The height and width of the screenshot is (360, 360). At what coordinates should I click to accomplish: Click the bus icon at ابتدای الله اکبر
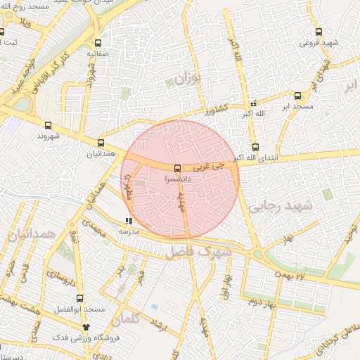tap(255, 148)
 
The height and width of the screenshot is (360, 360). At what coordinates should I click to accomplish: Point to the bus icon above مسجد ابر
tap(297, 96)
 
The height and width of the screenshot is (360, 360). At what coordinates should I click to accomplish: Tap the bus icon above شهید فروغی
tap(319, 32)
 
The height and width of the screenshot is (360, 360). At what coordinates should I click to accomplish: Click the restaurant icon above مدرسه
tap(128, 221)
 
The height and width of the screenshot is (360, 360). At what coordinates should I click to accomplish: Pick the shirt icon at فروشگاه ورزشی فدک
tap(86, 327)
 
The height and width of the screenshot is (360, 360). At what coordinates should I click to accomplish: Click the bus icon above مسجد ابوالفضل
tap(79, 297)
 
